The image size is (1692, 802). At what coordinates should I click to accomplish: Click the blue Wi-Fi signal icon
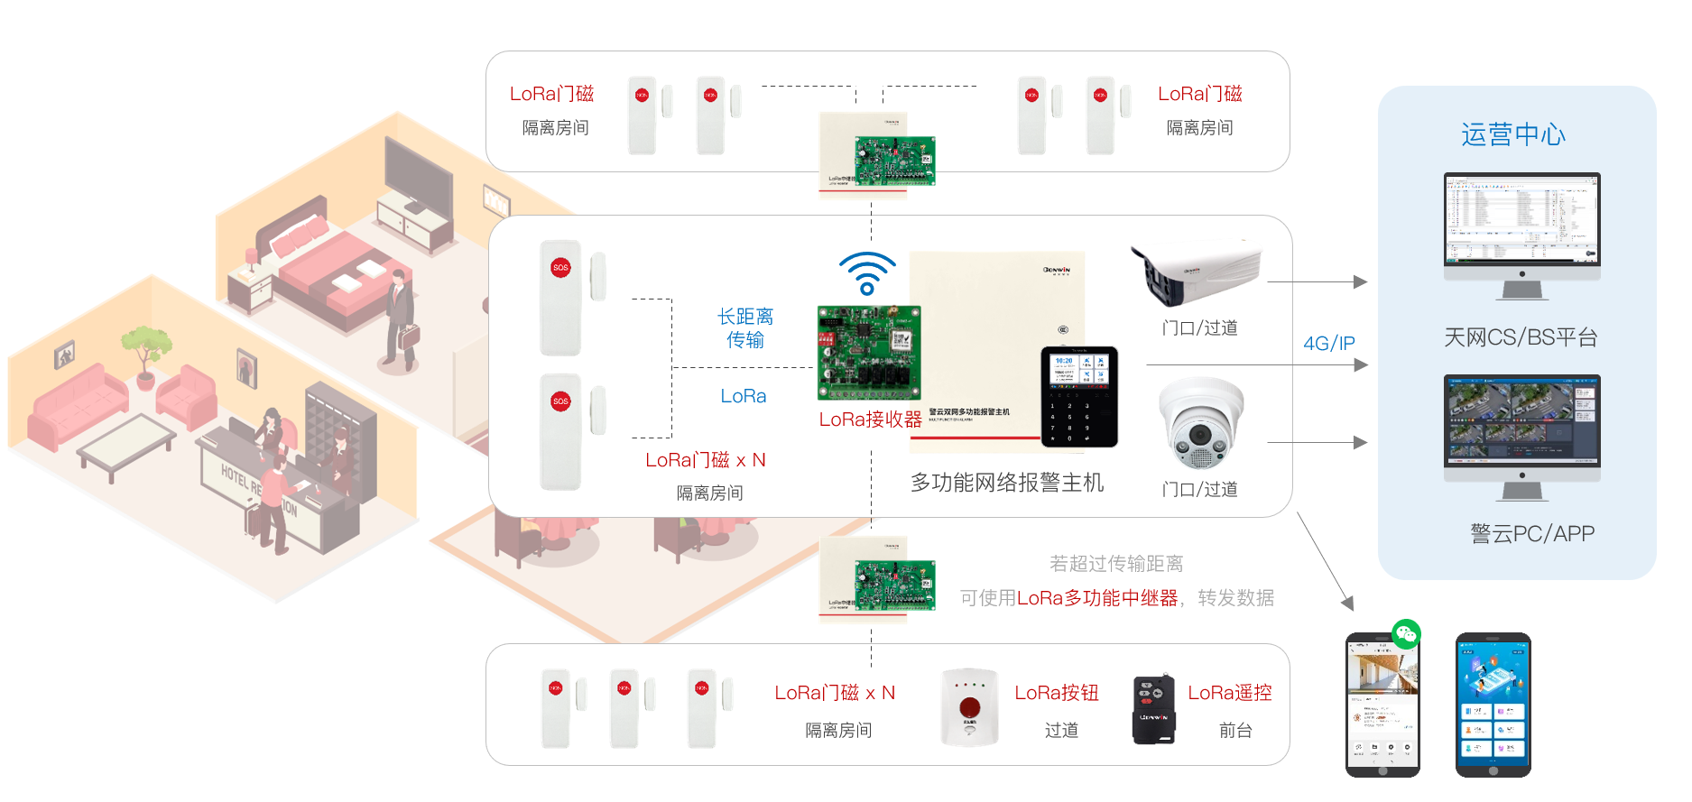pyautogui.click(x=866, y=273)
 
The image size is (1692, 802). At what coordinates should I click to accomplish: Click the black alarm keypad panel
pyautogui.click(x=1079, y=397)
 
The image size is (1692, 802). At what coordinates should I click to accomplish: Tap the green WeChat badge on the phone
pyautogui.click(x=1406, y=634)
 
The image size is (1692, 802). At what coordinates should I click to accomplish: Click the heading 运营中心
pyautogui.click(x=1513, y=134)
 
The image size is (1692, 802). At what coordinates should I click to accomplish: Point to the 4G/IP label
pyautogui.click(x=1328, y=344)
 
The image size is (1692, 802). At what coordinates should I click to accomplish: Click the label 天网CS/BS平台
pyautogui.click(x=1521, y=337)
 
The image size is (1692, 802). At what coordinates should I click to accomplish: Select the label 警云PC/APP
pyautogui.click(x=1532, y=534)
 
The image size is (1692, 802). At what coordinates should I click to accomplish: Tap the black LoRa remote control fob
pyautogui.click(x=1153, y=710)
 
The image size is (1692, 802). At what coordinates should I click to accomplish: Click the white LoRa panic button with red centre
pyautogui.click(x=969, y=707)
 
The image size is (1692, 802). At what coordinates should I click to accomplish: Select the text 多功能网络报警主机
pyautogui.click(x=1006, y=483)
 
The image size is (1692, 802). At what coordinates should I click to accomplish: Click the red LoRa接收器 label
pyautogui.click(x=870, y=419)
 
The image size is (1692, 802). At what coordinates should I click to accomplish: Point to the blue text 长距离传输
pyautogui.click(x=745, y=327)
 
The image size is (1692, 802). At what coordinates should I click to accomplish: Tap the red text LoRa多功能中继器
pyautogui.click(x=1096, y=598)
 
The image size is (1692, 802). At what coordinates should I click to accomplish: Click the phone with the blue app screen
pyautogui.click(x=1493, y=704)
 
